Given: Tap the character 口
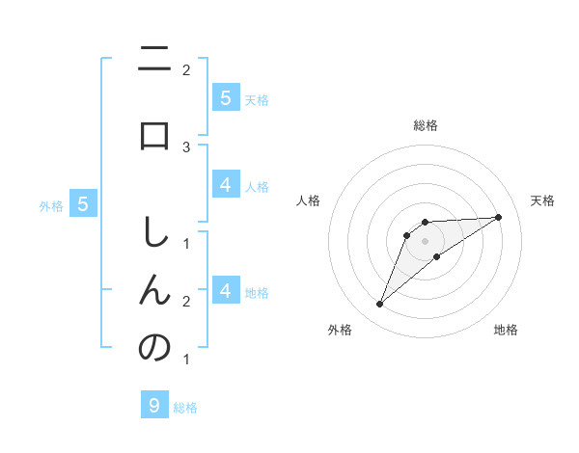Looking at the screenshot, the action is tap(154, 135).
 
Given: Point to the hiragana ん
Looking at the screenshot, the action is tap(154, 288).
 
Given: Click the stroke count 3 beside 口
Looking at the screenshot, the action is tap(186, 147).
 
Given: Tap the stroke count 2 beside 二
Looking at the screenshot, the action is tap(186, 69).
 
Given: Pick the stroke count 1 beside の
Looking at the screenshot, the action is tap(186, 360).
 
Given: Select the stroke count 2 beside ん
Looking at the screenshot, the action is tap(186, 302).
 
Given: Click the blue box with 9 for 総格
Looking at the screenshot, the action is tap(154, 405).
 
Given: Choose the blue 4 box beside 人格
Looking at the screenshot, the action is tap(225, 185).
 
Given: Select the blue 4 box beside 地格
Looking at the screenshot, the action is tap(225, 290).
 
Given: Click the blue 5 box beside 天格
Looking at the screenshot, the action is tap(225, 97).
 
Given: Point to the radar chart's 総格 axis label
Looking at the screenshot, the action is tap(426, 125).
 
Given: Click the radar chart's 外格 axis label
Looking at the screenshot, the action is tap(340, 330).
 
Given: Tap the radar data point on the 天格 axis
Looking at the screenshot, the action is tap(498, 217).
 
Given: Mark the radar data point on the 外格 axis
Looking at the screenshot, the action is tap(380, 305).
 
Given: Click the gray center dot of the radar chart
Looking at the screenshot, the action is tap(426, 240).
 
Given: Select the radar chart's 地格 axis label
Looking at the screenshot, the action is tap(506, 330).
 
